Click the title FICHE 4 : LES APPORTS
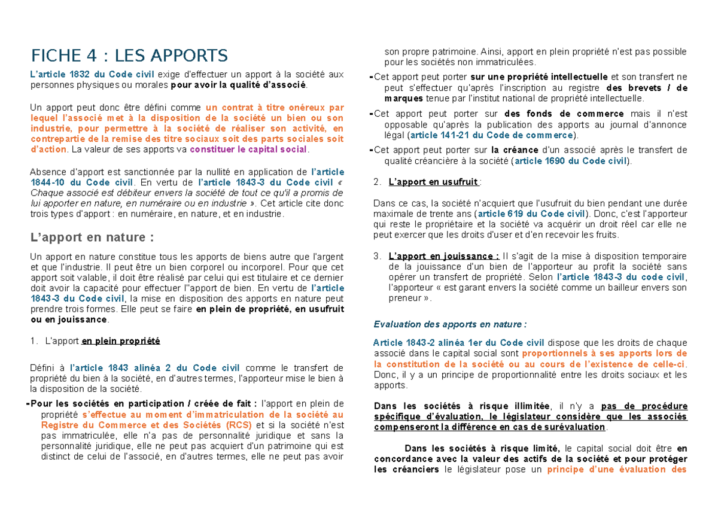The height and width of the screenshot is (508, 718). (129, 56)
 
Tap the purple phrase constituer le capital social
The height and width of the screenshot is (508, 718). (257, 149)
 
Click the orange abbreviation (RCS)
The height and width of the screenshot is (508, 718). (239, 425)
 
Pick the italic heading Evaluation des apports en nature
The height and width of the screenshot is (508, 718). (449, 324)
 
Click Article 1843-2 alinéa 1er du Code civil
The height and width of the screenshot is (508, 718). (458, 343)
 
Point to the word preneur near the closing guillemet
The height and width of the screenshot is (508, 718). (403, 299)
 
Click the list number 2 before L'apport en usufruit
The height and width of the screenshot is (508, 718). (375, 182)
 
